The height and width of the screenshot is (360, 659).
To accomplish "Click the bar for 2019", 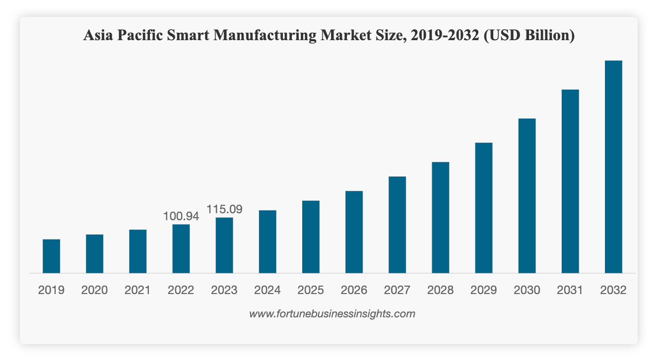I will coord(51,256).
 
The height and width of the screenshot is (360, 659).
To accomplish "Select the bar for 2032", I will coord(613,167).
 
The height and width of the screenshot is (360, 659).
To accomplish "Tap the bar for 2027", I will coord(397,225).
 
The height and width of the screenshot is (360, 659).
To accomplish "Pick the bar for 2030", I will coord(527,196).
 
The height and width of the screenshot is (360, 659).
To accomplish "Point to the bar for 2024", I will coord(268,242).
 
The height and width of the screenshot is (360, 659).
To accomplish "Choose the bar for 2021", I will coord(138,251).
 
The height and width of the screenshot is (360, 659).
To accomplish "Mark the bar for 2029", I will coord(483,208).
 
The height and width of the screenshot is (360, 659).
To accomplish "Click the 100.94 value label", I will coord(181,216).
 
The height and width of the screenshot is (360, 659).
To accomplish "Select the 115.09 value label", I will coord(224,210).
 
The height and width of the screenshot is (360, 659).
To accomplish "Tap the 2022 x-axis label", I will coord(181,290).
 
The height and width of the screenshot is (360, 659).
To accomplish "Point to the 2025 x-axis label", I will coord(310,290).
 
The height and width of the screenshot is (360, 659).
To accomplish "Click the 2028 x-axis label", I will coord(440,290).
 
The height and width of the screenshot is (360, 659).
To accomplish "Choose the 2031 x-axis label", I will coord(570,290).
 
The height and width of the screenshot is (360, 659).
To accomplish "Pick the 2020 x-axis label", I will coord(95,290).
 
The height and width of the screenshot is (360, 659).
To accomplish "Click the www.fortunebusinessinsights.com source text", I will coord(332,314).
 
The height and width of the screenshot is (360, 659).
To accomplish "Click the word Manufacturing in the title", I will coord(265,36).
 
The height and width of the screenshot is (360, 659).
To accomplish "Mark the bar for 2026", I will coord(354,232).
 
